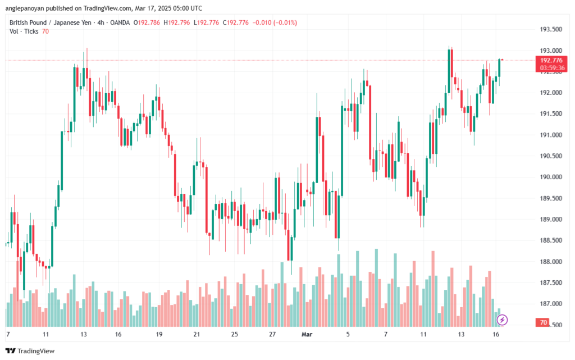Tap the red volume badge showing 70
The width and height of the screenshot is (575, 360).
[544, 323]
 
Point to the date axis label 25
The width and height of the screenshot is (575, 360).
[234, 334]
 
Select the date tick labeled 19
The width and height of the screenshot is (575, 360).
[159, 334]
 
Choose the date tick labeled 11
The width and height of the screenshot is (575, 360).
[46, 334]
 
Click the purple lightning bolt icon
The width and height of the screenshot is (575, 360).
[503, 320]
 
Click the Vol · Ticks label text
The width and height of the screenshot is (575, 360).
[24, 31]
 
